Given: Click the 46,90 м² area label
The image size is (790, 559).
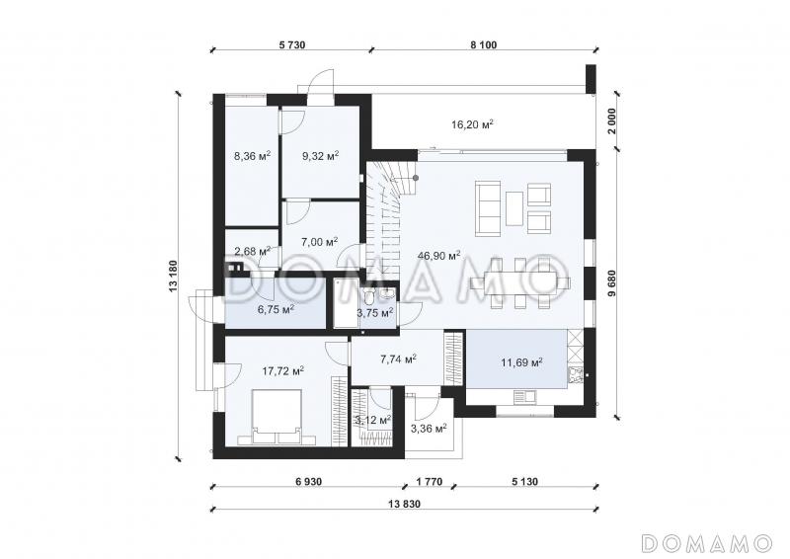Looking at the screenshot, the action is [438, 256].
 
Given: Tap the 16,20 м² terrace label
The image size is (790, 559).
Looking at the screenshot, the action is [472, 124].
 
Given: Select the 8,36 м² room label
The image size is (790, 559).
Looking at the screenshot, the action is [253, 156].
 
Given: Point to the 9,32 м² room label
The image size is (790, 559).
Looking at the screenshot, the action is [320, 156].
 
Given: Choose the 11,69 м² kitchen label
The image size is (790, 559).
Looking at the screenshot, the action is [521, 361].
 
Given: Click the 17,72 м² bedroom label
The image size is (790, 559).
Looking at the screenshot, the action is [282, 371].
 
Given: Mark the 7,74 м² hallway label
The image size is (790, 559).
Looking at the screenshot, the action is [398, 359].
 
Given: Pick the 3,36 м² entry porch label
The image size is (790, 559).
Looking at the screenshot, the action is [430, 429].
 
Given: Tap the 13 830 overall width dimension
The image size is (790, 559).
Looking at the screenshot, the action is [404, 504].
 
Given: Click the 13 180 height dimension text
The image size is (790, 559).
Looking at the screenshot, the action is [174, 277].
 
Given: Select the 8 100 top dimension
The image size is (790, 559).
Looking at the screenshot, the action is [484, 44].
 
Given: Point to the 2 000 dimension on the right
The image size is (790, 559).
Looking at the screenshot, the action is [611, 120].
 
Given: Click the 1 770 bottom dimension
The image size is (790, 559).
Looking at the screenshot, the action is [430, 482].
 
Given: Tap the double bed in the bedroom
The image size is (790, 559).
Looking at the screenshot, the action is [276, 417].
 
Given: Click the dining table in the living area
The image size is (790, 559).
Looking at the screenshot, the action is [519, 282].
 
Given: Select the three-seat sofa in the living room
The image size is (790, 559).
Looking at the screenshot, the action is [487, 209].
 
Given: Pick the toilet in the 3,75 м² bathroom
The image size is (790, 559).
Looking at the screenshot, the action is [368, 295].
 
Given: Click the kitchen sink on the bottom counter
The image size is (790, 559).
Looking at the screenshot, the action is [524, 397].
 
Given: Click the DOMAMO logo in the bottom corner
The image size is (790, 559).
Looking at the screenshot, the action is [707, 543].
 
